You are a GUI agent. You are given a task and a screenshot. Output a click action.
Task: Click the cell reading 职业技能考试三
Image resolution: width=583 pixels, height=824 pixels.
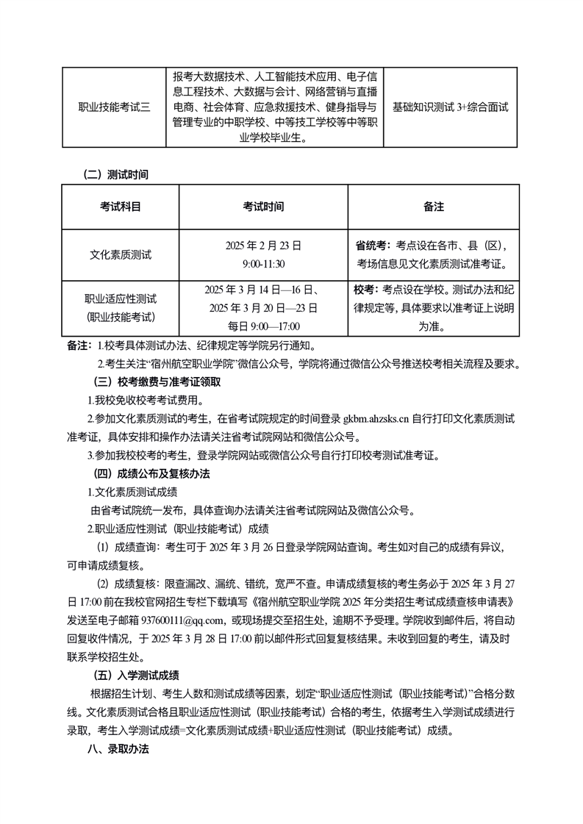pos(114,107)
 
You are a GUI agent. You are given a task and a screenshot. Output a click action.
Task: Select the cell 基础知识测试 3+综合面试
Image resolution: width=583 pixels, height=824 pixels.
pos(450,107)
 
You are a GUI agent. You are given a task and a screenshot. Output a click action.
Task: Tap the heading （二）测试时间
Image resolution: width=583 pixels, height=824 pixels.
pos(117,175)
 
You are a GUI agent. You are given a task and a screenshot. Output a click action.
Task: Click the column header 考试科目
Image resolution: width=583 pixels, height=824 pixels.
pos(121,207)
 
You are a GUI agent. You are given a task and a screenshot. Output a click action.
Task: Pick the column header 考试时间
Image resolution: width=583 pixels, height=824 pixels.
pos(263,207)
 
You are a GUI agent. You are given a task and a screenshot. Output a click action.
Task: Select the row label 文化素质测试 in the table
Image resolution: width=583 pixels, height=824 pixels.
pos(121,254)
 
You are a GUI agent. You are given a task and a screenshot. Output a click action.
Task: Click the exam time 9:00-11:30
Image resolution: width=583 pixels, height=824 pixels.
pos(263,263)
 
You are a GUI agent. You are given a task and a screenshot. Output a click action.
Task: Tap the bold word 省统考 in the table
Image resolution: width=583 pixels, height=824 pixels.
pos(373,246)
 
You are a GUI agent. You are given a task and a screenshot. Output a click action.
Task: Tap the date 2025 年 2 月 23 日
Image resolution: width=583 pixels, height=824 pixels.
pos(263,246)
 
